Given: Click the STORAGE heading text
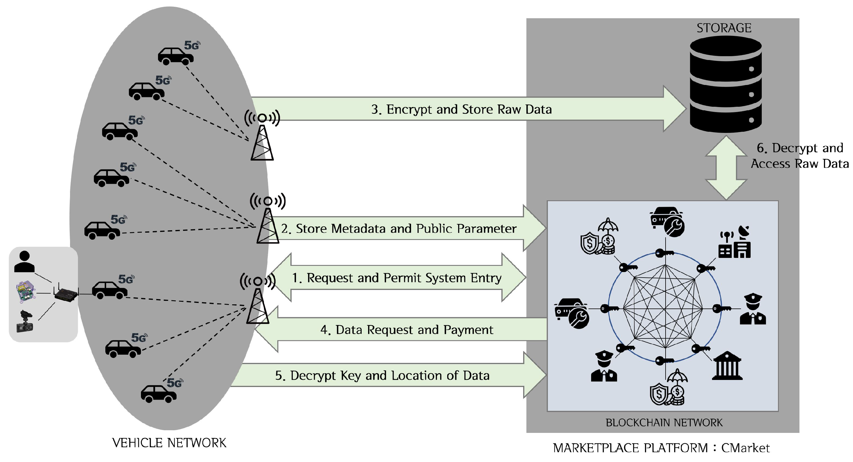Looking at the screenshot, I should (724, 28).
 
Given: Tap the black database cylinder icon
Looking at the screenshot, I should (726, 84).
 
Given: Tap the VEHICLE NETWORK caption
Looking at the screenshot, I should (169, 443).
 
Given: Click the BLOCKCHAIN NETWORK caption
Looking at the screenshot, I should (664, 423).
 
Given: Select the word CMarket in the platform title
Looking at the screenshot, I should (745, 448).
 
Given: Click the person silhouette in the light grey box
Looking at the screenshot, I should (24, 262).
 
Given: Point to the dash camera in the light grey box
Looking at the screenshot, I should (25, 321).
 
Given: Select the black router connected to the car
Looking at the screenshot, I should (66, 294).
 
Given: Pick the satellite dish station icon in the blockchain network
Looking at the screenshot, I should (734, 243).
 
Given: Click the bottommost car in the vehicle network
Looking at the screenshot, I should (159, 393).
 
